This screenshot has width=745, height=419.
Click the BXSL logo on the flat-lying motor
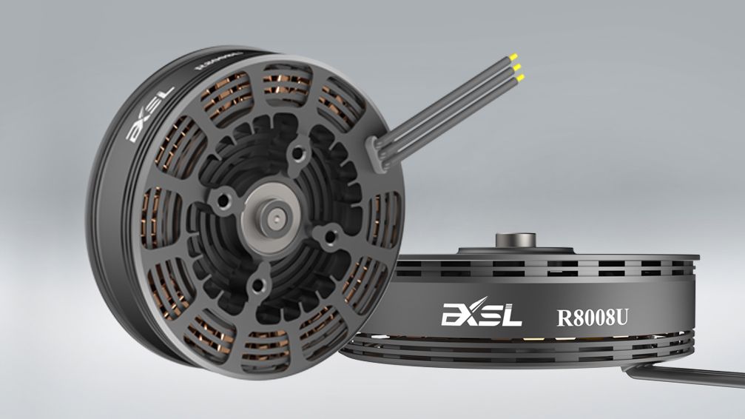tap(482, 315)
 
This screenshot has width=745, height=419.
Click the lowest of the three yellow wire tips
tap(519, 78)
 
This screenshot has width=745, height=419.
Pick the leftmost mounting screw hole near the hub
tap(221, 200)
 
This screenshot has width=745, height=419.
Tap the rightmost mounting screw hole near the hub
tap(323, 236)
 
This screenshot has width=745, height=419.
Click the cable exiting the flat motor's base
tap(688, 375)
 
